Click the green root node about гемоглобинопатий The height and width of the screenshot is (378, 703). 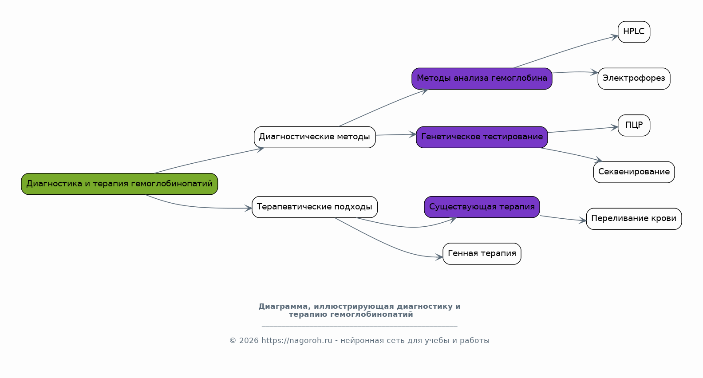point(119,184)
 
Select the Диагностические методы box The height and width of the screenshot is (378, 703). point(315,137)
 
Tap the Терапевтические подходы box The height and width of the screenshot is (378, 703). point(315,207)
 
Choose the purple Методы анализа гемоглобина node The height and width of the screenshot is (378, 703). point(482,79)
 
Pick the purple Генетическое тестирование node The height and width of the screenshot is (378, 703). point(482,137)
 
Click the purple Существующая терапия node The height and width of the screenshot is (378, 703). point(482,207)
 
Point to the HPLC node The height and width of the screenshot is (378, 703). point(634,31)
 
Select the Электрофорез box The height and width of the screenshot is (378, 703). point(634,79)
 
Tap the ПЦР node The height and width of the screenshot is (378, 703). point(634,125)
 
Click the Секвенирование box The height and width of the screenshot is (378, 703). point(634,172)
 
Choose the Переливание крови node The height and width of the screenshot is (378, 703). point(634,219)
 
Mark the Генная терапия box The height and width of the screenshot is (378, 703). point(482,254)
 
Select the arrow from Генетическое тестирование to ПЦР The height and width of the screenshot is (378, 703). point(583,130)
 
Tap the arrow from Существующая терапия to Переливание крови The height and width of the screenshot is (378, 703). point(563,218)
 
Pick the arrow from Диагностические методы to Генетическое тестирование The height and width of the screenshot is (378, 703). point(396,134)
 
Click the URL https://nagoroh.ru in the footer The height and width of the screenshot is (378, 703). point(296,340)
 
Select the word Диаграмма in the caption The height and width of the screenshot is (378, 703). point(284,306)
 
